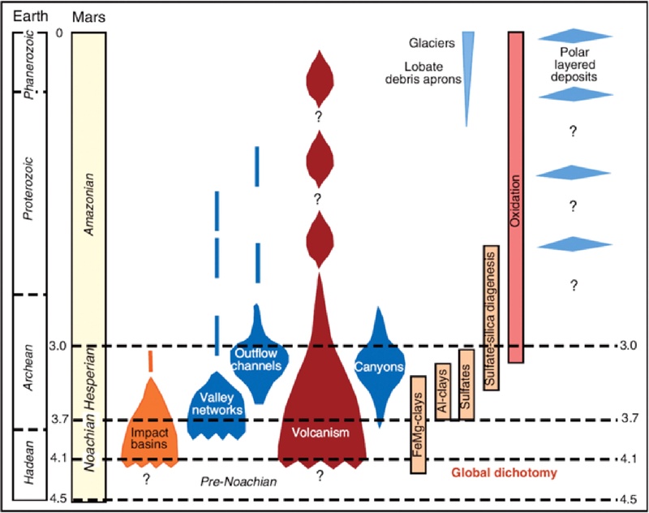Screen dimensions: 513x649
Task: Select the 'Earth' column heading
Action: pyautogui.click(x=26, y=15)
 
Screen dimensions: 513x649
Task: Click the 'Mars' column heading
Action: pyautogui.click(x=87, y=15)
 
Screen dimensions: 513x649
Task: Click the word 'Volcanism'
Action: pyautogui.click(x=322, y=433)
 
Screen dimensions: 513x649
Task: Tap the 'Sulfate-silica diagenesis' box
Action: pyautogui.click(x=490, y=317)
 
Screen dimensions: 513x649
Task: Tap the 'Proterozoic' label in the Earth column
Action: pyautogui.click(x=29, y=188)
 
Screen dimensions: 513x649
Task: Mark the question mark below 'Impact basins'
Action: pyautogui.click(x=147, y=479)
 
